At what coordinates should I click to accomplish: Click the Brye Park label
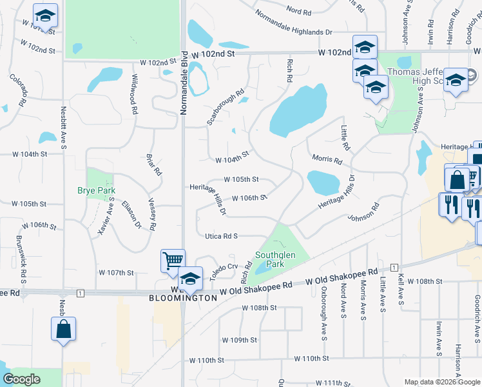click(97, 191)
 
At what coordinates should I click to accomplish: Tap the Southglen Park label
click(275, 259)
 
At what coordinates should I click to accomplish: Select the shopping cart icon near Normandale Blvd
click(173, 260)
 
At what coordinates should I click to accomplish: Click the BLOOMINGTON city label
click(174, 299)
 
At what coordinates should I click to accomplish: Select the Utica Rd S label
click(221, 237)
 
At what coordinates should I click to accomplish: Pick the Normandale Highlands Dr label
click(293, 23)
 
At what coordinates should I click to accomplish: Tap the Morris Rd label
click(327, 159)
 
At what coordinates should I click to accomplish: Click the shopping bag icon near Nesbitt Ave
click(63, 328)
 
